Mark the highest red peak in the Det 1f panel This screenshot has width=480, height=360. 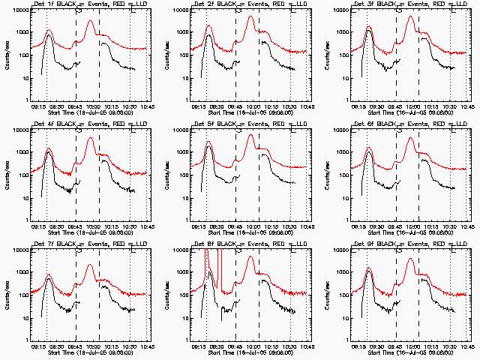click(91, 21)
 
